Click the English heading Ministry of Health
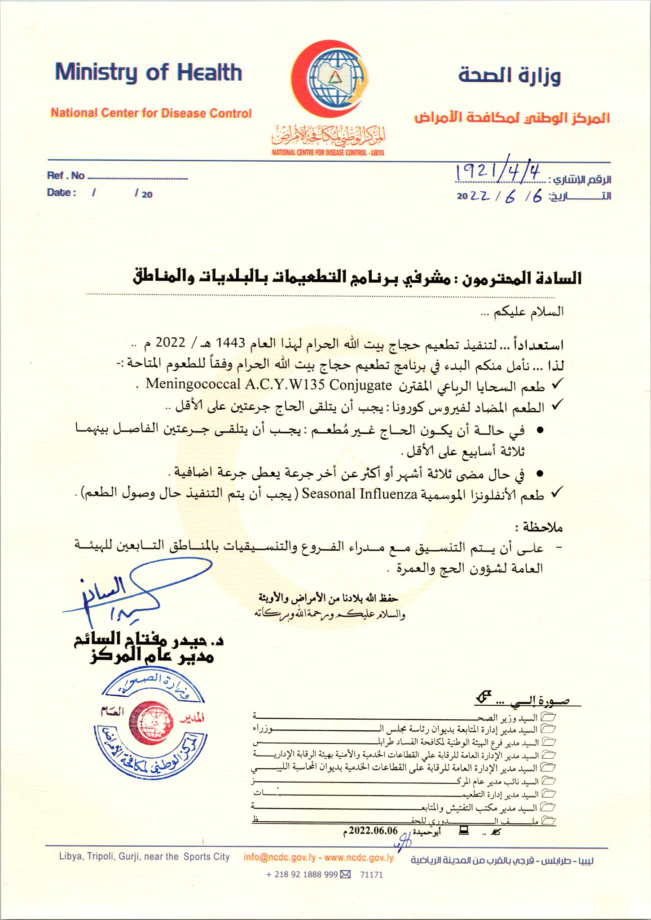148,73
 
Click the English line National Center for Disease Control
151,113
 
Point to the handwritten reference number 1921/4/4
497,172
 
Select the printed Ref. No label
66,176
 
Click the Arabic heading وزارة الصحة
510,75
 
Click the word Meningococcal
194,385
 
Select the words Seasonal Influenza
360,494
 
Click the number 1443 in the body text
231,343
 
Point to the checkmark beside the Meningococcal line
557,384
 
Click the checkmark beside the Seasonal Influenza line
557,493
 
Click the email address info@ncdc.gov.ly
280,857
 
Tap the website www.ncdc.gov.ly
359,857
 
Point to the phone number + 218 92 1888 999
302,874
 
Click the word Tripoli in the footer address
101,857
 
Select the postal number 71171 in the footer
371,874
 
